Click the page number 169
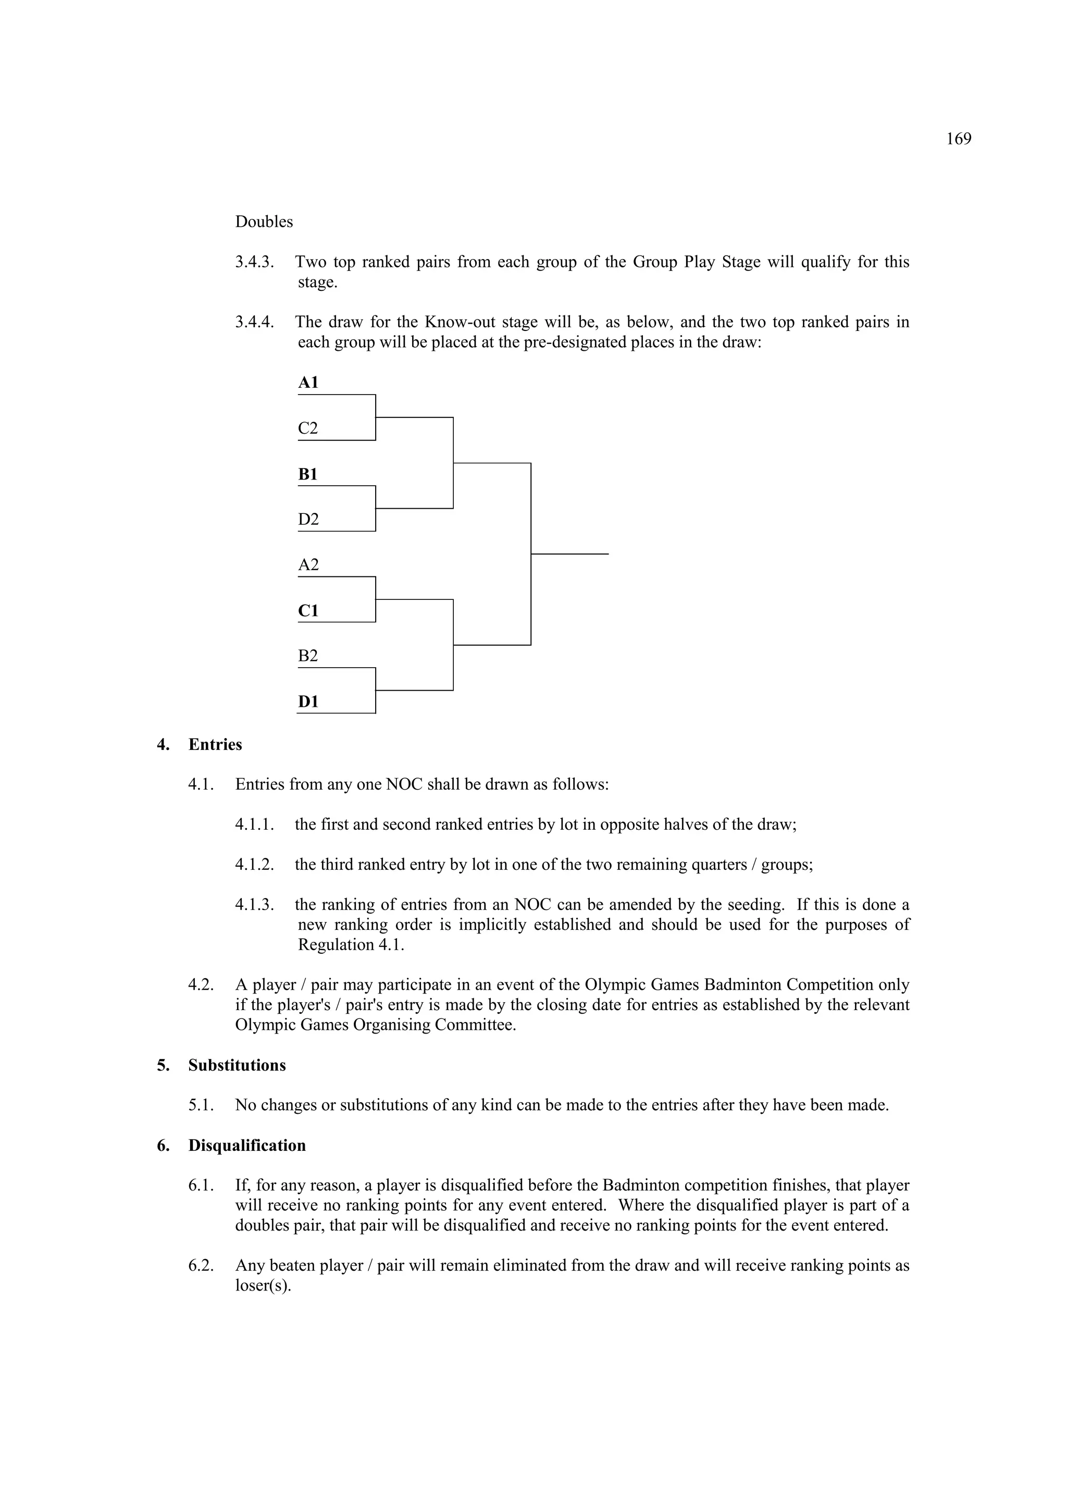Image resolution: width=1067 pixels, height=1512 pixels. (x=959, y=139)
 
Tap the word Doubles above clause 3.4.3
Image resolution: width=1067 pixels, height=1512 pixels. (x=264, y=222)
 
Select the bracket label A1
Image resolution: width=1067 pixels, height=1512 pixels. (x=308, y=383)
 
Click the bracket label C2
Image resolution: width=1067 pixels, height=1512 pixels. (x=307, y=429)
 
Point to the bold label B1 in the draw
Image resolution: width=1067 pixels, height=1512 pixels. (x=307, y=474)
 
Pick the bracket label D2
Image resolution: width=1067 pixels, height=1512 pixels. (x=308, y=520)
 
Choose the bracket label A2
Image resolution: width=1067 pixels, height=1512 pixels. (x=308, y=565)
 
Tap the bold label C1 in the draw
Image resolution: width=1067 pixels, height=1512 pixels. (x=308, y=610)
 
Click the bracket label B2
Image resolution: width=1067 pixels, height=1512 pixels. (x=307, y=656)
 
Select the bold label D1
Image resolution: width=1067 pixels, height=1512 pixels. (x=308, y=702)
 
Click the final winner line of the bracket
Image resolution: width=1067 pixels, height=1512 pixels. (x=569, y=554)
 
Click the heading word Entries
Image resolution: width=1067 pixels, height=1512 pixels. (x=215, y=745)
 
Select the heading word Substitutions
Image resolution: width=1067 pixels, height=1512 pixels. (x=237, y=1065)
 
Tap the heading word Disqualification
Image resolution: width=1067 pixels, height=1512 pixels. (x=247, y=1146)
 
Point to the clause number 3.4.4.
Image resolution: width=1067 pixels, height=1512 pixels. (x=255, y=322)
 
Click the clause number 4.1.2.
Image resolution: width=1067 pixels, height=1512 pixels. (x=255, y=865)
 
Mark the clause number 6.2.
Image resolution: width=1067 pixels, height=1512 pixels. (x=202, y=1265)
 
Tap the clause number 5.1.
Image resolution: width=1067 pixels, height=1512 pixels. (x=202, y=1105)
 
